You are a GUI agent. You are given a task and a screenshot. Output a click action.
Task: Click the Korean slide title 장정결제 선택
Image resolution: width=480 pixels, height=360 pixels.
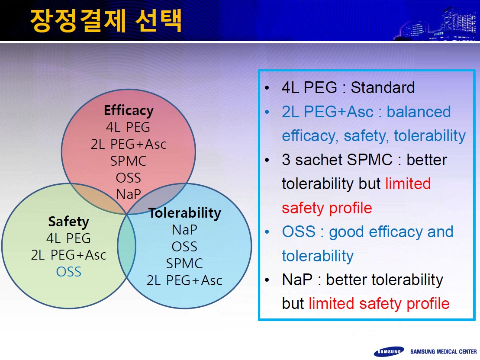coord(106,20)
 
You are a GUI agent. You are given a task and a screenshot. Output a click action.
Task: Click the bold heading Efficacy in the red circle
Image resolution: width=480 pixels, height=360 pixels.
coord(129,110)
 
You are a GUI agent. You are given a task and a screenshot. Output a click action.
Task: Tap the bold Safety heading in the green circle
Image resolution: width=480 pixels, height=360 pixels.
coord(68,222)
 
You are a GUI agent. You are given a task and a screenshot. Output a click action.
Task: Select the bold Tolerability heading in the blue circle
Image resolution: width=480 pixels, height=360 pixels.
coord(184,213)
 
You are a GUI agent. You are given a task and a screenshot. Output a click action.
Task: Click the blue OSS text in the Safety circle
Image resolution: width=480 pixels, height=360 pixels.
coord(69,272)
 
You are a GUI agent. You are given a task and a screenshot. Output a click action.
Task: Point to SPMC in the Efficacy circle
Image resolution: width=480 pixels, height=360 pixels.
coord(129,161)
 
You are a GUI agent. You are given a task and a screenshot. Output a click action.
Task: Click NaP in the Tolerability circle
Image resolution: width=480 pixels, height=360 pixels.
coord(184,230)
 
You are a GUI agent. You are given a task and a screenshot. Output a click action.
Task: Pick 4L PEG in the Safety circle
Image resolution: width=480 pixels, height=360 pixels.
coord(68,238)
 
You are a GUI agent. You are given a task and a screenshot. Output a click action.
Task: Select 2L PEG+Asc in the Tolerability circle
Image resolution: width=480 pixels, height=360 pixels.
coord(184,280)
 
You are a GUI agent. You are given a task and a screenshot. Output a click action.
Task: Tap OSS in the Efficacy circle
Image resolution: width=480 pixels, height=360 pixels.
coord(129,178)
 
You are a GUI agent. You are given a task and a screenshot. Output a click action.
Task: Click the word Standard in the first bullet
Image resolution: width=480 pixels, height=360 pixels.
coord(383,87)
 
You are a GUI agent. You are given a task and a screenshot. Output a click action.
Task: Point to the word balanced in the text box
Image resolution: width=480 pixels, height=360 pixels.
coord(419,112)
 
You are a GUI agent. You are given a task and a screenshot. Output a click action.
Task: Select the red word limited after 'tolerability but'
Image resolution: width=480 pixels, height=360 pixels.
coord(408,183)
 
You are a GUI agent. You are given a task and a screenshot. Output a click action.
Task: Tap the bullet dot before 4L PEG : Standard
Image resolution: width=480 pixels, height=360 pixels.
coord(267,88)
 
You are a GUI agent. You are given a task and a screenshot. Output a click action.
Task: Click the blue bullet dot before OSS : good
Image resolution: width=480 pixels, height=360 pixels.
coord(267,232)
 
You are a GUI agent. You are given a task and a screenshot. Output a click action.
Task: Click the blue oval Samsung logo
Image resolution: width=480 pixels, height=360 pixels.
coord(389,351)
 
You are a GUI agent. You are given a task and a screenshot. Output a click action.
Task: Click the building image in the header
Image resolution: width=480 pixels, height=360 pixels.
coord(438,25)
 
